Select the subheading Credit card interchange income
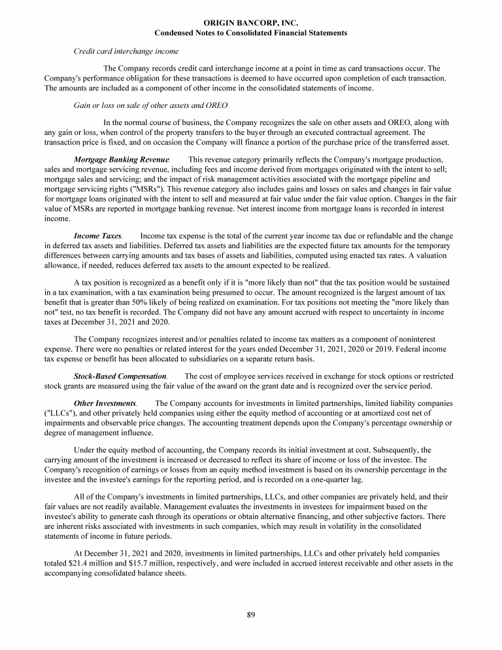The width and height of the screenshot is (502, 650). click(126, 50)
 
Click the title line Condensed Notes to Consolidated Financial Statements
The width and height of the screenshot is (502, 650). click(250, 33)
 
